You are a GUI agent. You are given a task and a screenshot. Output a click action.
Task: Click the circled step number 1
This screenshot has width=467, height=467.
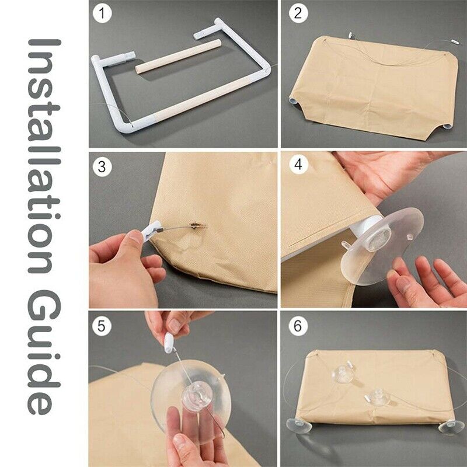coord(102,13)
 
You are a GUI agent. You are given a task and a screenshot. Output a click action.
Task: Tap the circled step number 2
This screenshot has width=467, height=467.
coord(298,13)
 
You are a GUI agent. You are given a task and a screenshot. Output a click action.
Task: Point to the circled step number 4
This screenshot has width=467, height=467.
coord(298,164)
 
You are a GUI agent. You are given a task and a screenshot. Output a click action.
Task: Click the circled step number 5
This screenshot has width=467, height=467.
coord(101,326)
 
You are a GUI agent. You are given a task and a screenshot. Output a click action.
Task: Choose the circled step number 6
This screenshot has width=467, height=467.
coord(298,326)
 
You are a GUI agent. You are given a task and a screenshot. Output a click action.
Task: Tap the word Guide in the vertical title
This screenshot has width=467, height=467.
coord(45,352)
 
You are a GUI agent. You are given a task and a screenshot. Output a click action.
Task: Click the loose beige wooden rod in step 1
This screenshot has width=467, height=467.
coord(179,56)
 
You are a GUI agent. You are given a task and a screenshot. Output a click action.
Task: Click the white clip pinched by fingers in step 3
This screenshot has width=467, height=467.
coord(151,230)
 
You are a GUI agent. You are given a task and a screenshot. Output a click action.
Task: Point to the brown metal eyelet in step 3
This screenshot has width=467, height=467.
coord(197,226)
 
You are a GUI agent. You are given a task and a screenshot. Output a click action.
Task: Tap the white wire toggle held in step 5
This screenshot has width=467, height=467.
coord(169,343)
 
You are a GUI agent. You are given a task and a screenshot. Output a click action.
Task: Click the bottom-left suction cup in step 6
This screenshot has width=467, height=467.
coord(299,425)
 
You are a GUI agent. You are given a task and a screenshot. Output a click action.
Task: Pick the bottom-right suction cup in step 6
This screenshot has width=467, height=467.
coord(451,427)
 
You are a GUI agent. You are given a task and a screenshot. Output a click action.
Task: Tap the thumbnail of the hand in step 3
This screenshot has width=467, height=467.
coord(136,238)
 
